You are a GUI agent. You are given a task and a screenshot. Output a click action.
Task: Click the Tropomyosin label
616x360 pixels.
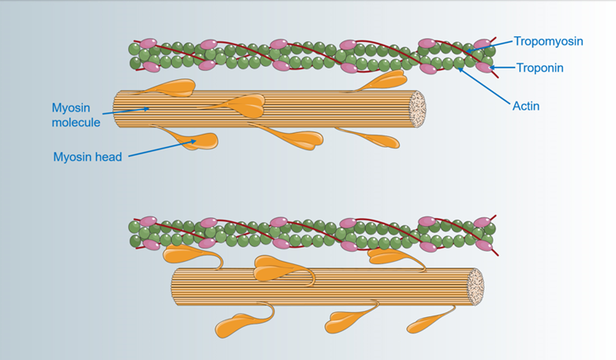coord(548,40)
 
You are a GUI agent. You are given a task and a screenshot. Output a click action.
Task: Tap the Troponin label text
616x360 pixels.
coord(540,68)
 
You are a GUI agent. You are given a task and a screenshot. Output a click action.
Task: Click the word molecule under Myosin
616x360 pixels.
coord(75,122)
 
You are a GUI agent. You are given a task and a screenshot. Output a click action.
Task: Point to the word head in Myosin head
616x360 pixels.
coord(108,157)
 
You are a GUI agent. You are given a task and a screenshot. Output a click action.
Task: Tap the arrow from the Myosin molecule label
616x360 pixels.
coord(128,107)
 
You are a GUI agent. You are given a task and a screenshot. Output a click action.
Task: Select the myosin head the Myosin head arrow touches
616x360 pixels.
coord(201,141)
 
